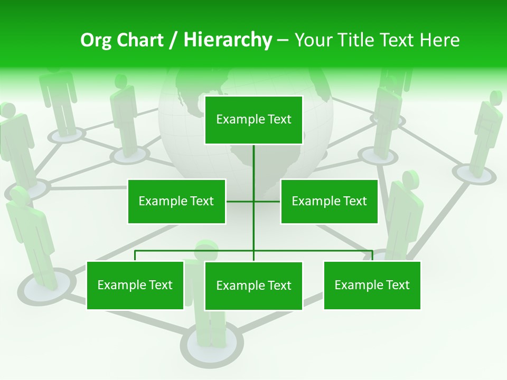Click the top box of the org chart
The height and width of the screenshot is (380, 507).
tap(253, 120)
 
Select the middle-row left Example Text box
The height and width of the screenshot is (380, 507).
tap(176, 201)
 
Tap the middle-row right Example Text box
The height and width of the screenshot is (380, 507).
tap(329, 201)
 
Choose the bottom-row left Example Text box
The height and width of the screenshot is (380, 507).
tap(135, 285)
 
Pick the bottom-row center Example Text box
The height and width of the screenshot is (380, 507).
tap(253, 286)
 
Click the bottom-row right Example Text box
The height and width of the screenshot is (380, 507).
tap(372, 285)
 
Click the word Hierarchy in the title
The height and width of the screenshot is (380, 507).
tap(228, 40)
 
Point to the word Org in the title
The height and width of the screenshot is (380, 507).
tap(96, 40)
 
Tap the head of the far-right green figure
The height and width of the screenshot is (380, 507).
tap(495, 98)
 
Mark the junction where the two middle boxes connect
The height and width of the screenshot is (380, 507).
tap(253, 201)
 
